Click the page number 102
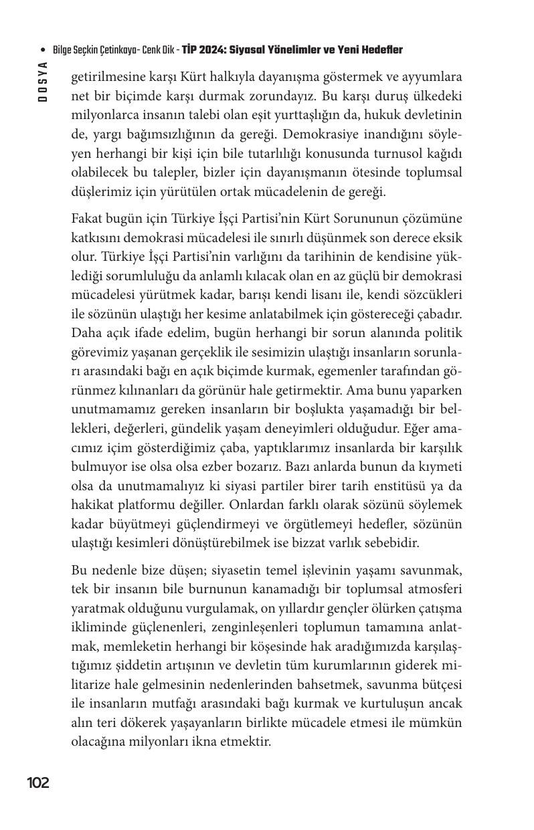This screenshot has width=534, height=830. [38, 783]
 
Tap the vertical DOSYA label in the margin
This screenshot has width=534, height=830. [42, 81]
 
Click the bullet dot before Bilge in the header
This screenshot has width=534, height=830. [43, 51]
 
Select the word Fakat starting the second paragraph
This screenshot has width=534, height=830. [87, 219]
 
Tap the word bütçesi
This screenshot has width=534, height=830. [440, 684]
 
